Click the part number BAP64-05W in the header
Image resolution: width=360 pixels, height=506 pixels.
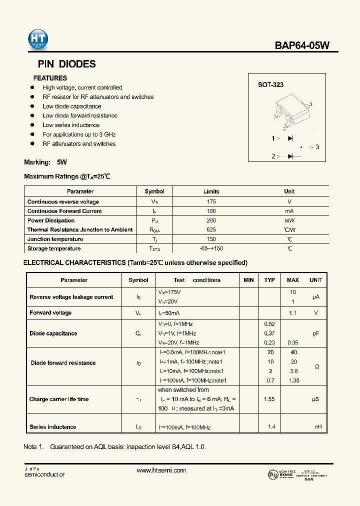302,45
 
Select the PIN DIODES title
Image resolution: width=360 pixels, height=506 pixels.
67,64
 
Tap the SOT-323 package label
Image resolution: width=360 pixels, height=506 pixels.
270,85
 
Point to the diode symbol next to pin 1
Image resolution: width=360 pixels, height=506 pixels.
290,138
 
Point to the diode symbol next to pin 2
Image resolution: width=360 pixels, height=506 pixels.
290,156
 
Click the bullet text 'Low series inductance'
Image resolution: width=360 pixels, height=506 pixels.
71,125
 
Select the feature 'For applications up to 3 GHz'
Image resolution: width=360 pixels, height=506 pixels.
79,134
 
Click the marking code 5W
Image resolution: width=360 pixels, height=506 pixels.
61,162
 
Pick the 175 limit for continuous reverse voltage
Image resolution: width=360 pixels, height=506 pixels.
211,202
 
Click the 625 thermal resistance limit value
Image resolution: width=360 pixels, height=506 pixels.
211,230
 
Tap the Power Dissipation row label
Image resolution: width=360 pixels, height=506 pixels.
51,220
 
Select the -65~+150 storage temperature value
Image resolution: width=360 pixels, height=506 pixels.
211,248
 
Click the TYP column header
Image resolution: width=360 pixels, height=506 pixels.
269,280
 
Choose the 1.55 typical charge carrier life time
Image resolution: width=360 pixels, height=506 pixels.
269,399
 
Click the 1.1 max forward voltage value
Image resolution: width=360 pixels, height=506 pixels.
293,313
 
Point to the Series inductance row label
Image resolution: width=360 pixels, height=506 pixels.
53,427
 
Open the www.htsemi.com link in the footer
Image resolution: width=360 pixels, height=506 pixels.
161,470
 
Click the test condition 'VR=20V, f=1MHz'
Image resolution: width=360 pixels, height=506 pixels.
178,342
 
